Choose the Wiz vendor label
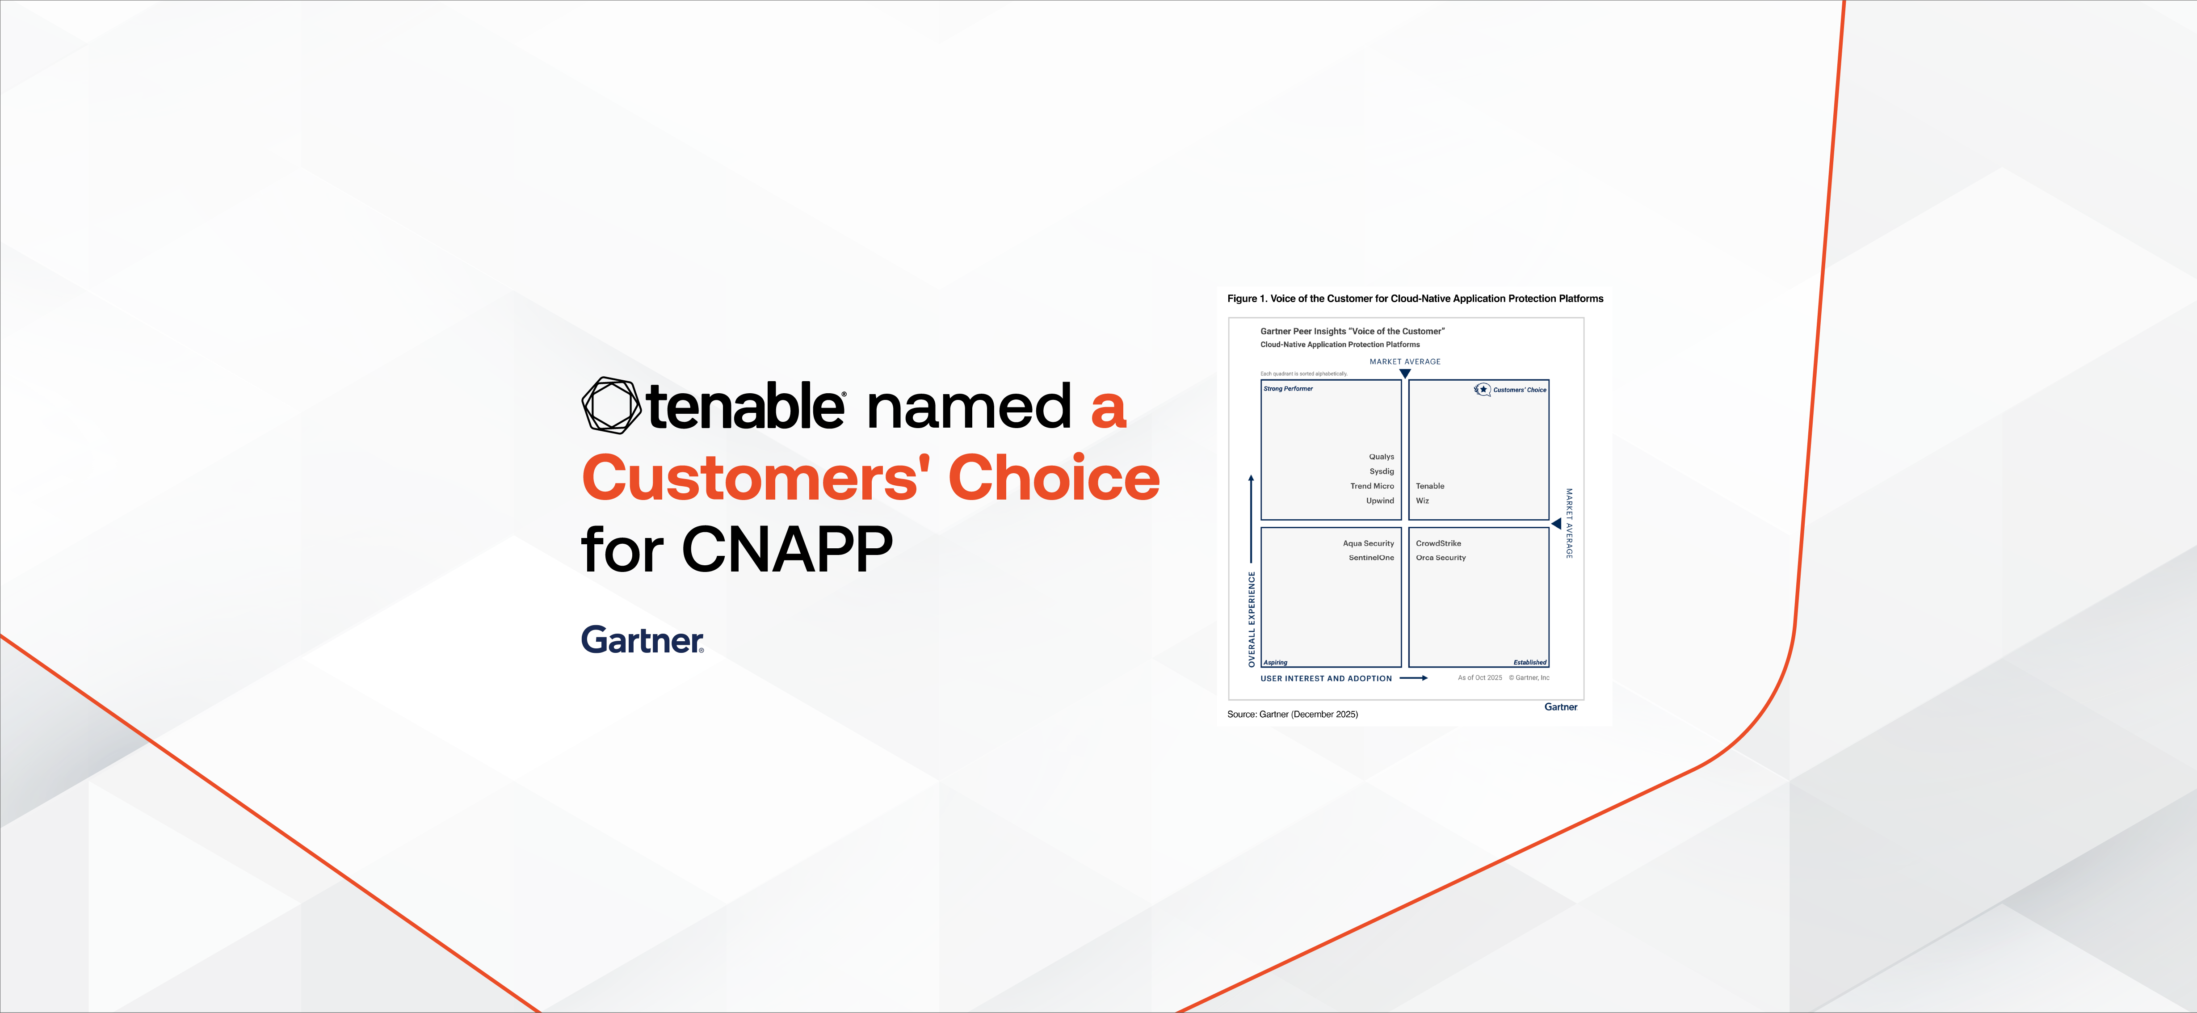1422,500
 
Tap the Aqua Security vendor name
1368,543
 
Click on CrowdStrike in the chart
1438,543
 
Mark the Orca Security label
1441,558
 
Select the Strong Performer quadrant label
1288,389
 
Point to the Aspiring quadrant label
1275,663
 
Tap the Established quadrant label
1529,663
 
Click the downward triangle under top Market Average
1405,374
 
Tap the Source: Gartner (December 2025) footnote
1292,715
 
